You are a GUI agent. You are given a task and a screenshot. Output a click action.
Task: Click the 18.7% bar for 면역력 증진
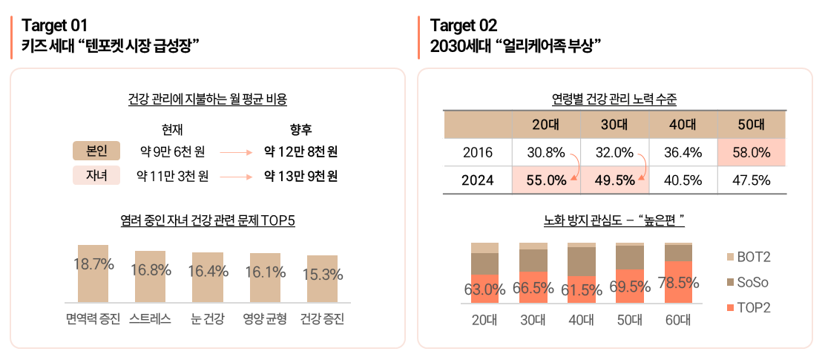[93, 273]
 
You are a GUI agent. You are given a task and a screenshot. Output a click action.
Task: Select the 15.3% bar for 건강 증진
[323, 278]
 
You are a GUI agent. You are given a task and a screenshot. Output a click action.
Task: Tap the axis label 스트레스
[151, 320]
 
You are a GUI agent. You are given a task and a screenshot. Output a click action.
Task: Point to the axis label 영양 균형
[265, 320]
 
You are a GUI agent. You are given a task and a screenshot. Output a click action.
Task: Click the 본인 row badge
[97, 152]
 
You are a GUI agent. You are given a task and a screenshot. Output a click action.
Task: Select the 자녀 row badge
[97, 177]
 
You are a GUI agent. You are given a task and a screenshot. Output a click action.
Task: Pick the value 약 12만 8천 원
[300, 152]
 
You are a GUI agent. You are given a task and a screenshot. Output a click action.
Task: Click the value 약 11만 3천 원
[173, 177]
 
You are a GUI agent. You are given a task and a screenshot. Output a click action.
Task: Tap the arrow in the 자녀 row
[237, 177]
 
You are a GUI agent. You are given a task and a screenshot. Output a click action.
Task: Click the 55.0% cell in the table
[546, 180]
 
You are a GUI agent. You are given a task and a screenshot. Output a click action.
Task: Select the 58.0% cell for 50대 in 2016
[751, 152]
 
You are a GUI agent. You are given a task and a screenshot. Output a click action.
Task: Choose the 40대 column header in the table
[683, 125]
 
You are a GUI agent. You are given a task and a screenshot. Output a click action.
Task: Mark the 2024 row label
[477, 180]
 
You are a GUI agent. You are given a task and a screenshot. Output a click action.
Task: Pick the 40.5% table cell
[683, 180]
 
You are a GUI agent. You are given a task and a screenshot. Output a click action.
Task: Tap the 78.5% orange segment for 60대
[678, 282]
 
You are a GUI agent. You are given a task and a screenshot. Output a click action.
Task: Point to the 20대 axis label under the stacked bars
[485, 320]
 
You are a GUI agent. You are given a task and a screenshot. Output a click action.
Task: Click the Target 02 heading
[464, 26]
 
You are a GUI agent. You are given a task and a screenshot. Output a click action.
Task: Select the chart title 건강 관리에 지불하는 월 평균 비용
[208, 99]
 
